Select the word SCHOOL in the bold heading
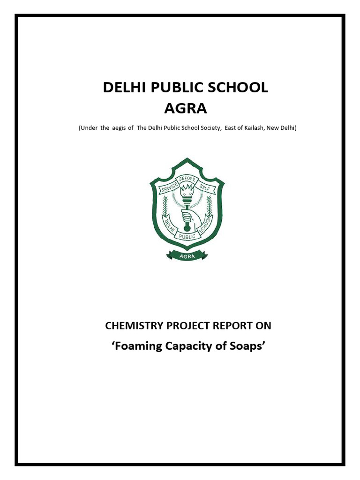point(239,88)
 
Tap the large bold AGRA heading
point(185,109)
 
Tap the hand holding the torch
point(187,217)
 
